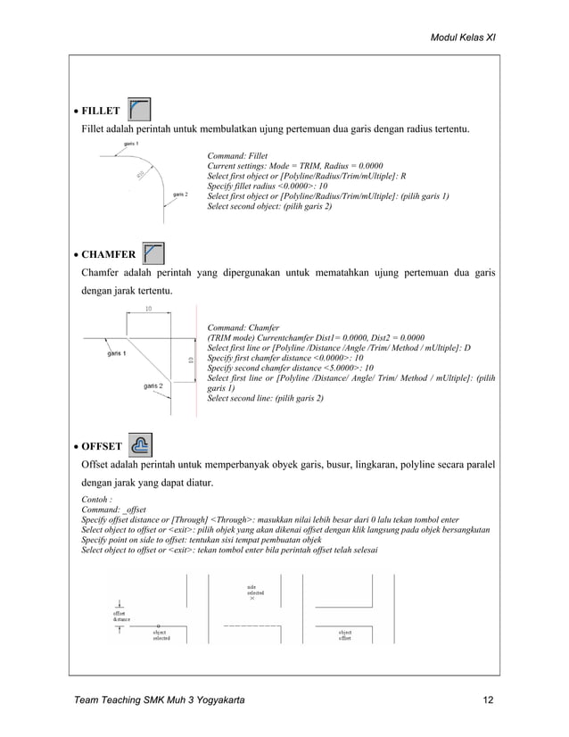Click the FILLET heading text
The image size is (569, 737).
point(101,112)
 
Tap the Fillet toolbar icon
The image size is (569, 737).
point(138,110)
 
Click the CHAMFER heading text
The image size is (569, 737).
point(108,255)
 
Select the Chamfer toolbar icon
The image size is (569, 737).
point(153,253)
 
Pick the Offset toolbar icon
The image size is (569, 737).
point(140,443)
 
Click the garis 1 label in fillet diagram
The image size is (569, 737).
point(131,144)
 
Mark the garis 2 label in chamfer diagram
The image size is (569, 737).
point(154,386)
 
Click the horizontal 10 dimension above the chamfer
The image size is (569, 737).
point(147,308)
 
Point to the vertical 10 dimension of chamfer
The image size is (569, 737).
point(190,360)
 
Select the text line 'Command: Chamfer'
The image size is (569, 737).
point(243,327)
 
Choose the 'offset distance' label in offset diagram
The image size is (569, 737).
point(120,616)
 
